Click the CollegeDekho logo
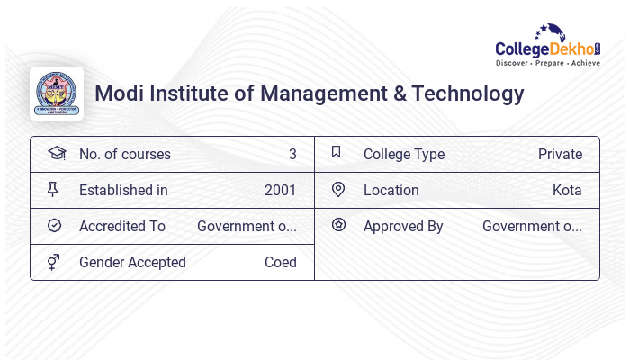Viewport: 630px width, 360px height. [548, 45]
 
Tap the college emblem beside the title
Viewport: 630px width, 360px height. [57, 94]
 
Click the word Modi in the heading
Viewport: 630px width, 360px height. [118, 94]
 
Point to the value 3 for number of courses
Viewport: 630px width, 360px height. [292, 155]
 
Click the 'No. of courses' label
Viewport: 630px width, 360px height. [124, 155]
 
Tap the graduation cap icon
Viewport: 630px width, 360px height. [57, 154]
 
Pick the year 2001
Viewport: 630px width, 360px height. [280, 191]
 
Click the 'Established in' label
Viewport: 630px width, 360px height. [123, 191]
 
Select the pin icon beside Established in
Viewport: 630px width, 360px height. [53, 190]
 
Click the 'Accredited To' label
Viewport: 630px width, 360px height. [122, 227]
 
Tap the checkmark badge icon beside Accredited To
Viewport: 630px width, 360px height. [54, 226]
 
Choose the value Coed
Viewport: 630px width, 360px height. [280, 263]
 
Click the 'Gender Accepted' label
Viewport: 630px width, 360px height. [132, 263]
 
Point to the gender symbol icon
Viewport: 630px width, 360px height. [53, 262]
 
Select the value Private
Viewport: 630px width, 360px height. [560, 155]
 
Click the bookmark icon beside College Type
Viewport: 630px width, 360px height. [337, 153]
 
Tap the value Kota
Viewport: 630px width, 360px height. [567, 191]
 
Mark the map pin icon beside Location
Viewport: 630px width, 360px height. [338, 190]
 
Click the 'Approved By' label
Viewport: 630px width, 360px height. [403, 227]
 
